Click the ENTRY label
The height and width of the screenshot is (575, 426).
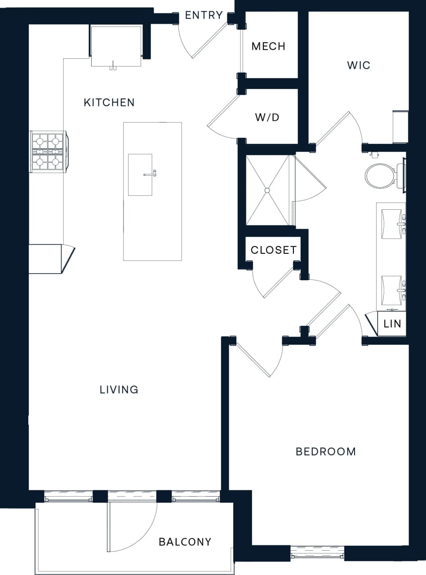204,15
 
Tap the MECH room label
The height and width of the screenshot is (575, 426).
268,46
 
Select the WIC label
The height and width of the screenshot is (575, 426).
359,65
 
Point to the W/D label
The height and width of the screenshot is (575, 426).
267,118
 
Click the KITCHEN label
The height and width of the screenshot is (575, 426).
109,102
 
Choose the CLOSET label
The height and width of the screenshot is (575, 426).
274,250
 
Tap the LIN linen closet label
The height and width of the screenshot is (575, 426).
392,323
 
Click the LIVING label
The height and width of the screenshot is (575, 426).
119,389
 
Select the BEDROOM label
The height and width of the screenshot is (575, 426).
326,451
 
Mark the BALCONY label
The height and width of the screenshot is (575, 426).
185,542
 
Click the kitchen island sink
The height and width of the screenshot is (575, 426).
140,175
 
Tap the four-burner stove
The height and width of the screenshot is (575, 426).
48,151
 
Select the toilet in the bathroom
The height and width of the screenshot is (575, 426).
380,175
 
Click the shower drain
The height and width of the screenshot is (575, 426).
267,190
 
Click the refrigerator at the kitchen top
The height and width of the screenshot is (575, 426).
116,46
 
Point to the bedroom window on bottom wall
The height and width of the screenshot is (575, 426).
317,552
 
